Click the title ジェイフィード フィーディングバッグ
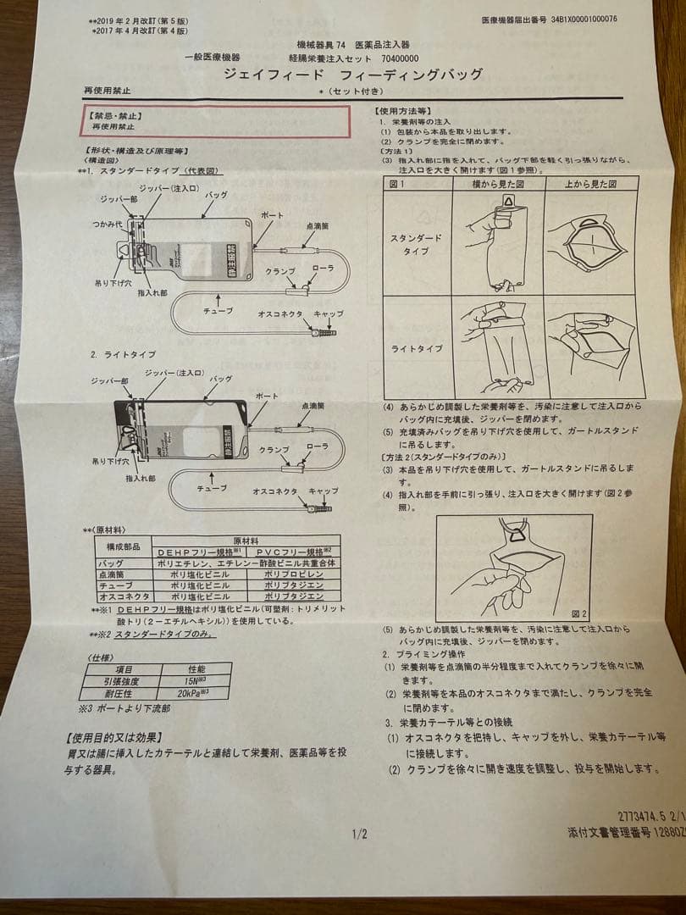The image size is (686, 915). click(x=352, y=74)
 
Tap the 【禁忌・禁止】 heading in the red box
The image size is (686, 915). click(x=118, y=115)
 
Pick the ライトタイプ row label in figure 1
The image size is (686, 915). click(x=416, y=348)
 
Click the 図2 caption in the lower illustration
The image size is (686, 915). click(x=578, y=613)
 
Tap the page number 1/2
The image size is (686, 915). click(x=359, y=835)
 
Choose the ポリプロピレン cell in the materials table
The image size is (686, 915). click(x=288, y=574)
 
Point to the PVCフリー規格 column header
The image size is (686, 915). click(x=287, y=552)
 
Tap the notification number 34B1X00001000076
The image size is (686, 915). click(x=584, y=19)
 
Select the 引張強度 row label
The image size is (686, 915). click(x=118, y=680)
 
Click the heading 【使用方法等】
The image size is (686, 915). click(x=402, y=111)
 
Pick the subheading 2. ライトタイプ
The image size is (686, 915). click(x=123, y=353)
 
